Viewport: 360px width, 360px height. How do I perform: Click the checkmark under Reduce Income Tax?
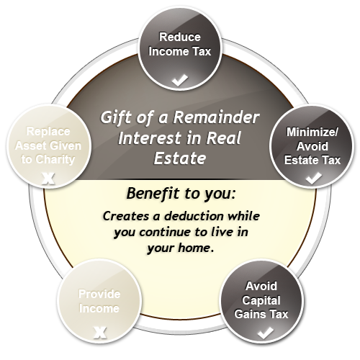pos(180,80)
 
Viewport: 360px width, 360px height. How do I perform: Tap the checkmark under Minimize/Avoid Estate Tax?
pos(314,179)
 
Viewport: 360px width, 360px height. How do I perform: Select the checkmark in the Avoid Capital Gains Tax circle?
pos(265,333)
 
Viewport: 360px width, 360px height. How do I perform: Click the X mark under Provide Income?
pos(100,333)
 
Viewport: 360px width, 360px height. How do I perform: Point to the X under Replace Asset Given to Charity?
pos(48,179)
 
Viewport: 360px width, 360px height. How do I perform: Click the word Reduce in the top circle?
pos(180,37)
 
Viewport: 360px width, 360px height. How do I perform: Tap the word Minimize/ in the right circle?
pos(312,132)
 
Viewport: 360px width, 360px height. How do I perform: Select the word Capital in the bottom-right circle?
pos(261,300)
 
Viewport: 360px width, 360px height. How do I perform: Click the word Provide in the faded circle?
pos(99,294)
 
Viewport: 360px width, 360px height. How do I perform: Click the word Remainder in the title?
pos(216,117)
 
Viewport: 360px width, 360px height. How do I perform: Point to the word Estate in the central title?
pos(180,158)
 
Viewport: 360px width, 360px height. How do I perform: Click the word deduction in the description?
pos(194,216)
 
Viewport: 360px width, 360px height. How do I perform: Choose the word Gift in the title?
pos(114,117)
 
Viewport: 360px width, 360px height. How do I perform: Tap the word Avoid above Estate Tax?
pos(312,146)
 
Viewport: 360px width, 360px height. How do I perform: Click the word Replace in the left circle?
pos(48,132)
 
